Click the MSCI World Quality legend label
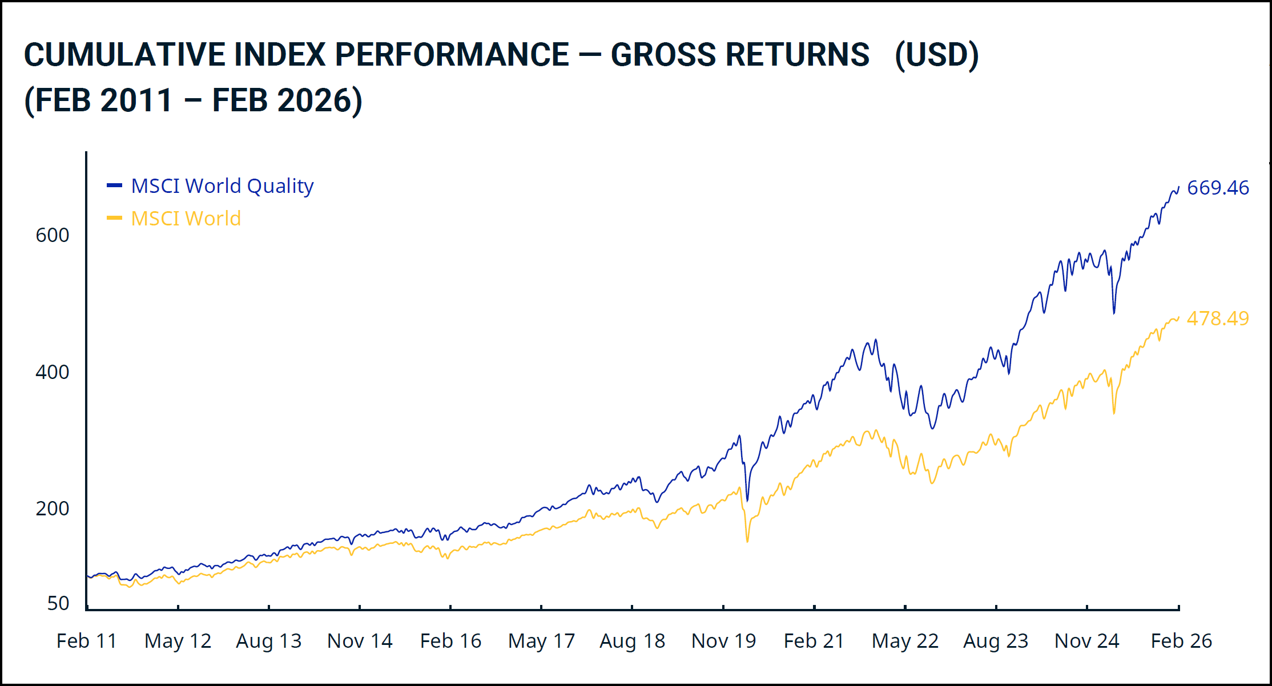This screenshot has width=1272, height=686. (x=222, y=186)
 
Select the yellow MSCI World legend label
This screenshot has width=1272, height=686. (x=186, y=219)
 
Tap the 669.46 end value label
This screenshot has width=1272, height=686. (x=1218, y=188)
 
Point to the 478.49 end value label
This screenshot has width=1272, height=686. (x=1218, y=318)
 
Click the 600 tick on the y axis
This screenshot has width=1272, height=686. (x=53, y=235)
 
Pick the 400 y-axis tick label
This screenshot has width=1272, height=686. (x=53, y=372)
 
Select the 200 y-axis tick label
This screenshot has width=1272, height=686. (x=53, y=509)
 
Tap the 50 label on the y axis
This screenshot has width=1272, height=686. (x=58, y=603)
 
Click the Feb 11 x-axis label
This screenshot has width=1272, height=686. (x=87, y=641)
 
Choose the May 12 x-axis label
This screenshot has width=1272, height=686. (x=178, y=641)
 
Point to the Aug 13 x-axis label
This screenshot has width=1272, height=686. (x=269, y=641)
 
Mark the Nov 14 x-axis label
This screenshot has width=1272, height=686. (x=360, y=641)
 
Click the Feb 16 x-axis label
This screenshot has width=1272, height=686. (x=450, y=641)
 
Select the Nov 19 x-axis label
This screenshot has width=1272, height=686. (x=723, y=641)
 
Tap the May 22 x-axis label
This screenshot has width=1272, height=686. (x=905, y=641)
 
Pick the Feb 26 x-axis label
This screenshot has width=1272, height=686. (x=1181, y=641)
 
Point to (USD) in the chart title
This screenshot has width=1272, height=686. (x=936, y=55)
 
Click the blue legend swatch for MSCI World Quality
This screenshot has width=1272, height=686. (x=114, y=185)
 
